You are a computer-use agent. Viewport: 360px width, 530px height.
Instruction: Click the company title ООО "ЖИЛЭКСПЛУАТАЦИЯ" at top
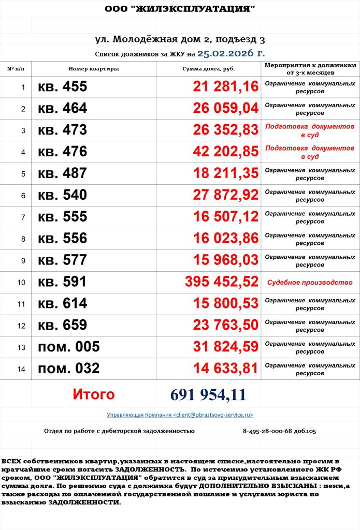[180, 9]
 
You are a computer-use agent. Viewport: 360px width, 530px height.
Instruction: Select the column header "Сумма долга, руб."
[208, 69]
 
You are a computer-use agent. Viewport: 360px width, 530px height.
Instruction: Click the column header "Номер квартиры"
[94, 69]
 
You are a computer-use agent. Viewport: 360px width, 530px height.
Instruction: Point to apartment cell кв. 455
[63, 87]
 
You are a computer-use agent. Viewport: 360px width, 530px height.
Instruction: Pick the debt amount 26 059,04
[225, 109]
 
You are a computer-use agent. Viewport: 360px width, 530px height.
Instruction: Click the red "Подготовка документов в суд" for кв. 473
[309, 130]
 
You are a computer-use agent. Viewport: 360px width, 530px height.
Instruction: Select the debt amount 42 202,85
[225, 152]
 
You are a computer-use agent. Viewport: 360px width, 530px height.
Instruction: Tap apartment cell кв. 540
[63, 195]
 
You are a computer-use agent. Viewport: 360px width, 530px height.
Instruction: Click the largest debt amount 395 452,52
[222, 282]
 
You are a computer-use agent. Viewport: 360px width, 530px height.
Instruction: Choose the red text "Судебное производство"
[309, 283]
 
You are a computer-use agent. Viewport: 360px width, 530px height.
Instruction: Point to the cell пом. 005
[68, 347]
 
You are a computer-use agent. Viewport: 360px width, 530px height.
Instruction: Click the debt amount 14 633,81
[225, 369]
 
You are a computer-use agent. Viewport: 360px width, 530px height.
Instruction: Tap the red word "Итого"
[93, 394]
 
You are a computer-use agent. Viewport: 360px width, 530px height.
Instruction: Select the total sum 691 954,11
[208, 395]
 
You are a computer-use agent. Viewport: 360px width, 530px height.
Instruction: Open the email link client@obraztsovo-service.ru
[180, 415]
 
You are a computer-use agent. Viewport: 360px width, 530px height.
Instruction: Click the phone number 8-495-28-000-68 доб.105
[279, 431]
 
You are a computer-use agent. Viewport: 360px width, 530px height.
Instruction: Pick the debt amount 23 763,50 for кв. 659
[225, 325]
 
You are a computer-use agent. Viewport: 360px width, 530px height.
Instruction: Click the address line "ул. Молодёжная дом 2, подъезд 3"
[180, 39]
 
